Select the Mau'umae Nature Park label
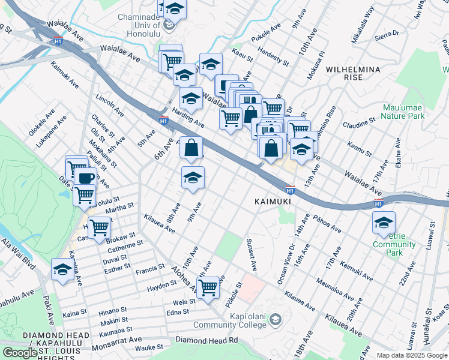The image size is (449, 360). [403, 112]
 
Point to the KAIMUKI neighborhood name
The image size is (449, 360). [273, 202]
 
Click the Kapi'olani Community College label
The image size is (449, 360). [229, 320]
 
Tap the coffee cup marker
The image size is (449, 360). [85, 178]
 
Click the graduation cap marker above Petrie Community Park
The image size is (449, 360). [384, 223]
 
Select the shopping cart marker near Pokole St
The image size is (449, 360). [208, 287]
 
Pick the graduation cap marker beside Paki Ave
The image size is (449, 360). [62, 269]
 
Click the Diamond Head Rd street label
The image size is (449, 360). [206, 340]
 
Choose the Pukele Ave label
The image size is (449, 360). [267, 28]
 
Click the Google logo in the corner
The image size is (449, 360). [20, 353]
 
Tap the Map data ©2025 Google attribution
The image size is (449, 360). [411, 355]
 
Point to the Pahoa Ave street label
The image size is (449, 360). [327, 223]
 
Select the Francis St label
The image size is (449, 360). [149, 268]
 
